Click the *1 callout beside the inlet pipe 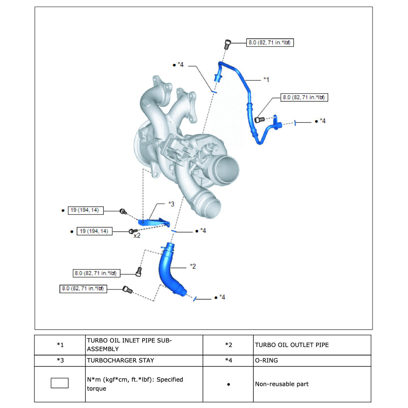[266, 79]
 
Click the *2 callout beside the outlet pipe [193, 266]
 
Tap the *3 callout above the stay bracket [171, 204]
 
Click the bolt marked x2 [132, 231]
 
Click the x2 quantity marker [137, 235]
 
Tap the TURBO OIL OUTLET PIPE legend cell [292, 345]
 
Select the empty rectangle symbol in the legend [59, 383]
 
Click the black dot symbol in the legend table [228, 384]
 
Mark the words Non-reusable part [282, 384]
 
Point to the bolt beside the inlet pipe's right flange [259, 119]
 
